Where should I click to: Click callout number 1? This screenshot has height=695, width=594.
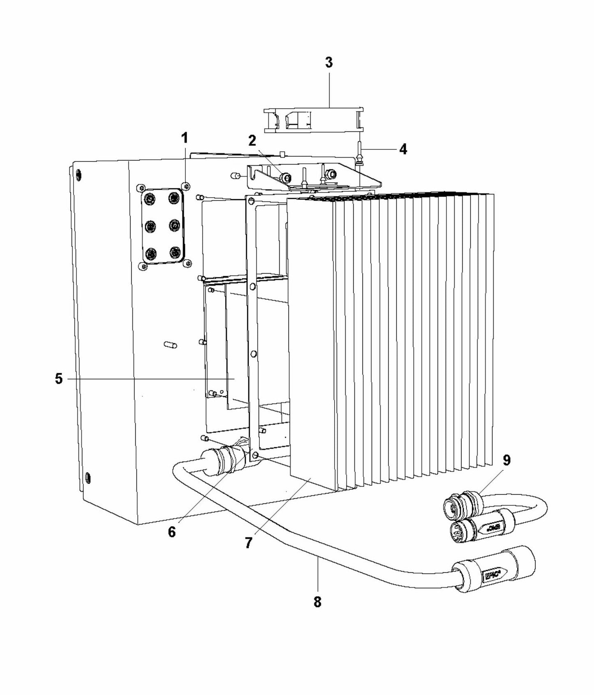[x=185, y=138]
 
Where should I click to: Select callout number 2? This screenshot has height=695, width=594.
[x=252, y=141]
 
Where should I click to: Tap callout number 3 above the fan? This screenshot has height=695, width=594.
[x=328, y=63]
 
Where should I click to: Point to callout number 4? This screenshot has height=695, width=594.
[x=403, y=149]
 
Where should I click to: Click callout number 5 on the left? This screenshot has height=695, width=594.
[x=59, y=379]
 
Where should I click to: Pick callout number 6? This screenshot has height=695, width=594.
[x=172, y=532]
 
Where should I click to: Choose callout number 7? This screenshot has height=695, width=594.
[x=248, y=543]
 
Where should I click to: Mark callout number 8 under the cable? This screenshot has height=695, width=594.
[x=317, y=602]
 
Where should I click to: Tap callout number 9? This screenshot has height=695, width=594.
[x=506, y=460]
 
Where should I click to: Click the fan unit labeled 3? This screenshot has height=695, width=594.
[x=313, y=120]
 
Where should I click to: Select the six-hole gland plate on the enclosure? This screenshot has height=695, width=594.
[x=162, y=226]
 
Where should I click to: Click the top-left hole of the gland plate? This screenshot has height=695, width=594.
[x=150, y=200]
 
